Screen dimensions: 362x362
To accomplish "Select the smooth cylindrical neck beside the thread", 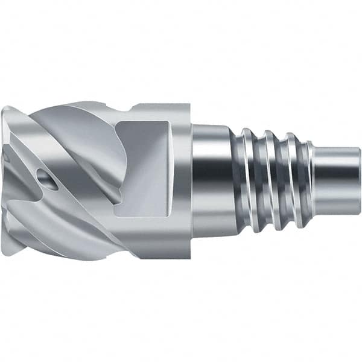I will tap(212, 181).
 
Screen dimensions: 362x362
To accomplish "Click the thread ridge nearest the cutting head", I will tap(248, 181).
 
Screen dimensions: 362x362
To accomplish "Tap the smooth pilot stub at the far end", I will tap(338, 181).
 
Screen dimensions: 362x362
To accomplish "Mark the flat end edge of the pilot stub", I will tap(360, 181).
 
